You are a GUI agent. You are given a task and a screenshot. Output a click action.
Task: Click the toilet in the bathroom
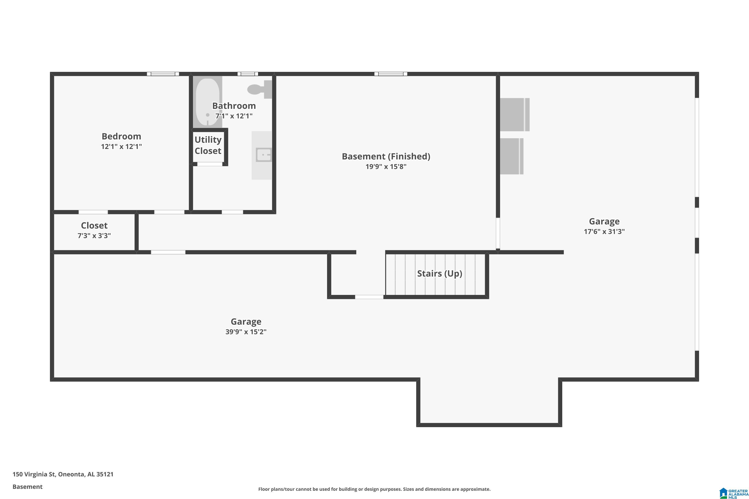pos(260,89)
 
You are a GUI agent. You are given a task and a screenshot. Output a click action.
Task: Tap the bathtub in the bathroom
pos(207,102)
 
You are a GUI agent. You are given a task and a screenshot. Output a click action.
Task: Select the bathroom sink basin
pos(264,155)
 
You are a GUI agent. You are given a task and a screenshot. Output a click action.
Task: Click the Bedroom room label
pos(121,136)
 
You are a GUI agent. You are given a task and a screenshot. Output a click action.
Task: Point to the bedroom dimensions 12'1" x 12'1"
pos(121,146)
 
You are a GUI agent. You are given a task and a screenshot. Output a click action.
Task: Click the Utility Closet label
pos(208,145)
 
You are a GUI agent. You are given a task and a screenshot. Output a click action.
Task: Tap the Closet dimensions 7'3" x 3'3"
pos(94,236)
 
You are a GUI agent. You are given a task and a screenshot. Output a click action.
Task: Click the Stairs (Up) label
pos(439,274)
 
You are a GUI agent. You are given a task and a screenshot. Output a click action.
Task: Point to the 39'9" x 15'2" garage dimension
pos(246,332)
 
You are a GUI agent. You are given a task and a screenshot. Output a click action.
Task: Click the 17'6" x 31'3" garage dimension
pos(604,231)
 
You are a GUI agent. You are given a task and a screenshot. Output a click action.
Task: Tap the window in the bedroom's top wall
pos(163,74)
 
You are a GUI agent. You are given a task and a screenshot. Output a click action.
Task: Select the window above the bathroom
pos(248,74)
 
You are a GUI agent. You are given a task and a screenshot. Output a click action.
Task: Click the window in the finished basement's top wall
pos(391,74)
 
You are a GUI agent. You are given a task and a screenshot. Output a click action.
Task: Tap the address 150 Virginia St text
pos(34,474)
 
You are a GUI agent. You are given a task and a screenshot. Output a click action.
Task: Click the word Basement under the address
pos(27,487)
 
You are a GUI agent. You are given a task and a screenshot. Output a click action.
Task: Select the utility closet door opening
pos(209,164)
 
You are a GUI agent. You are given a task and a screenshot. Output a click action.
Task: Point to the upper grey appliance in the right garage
pos(515,115)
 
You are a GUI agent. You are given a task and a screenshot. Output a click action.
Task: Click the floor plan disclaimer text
pos(374,489)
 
